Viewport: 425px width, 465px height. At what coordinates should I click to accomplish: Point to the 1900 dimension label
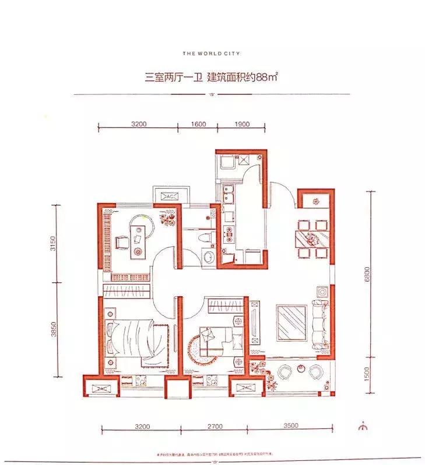click(242, 124)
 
